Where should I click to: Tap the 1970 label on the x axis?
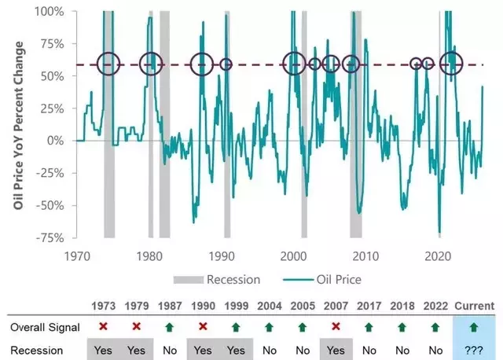click(x=77, y=256)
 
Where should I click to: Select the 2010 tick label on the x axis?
click(x=365, y=256)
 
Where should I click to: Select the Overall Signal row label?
click(x=40, y=326)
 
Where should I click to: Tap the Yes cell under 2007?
click(x=336, y=347)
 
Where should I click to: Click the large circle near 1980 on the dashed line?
click(x=150, y=64)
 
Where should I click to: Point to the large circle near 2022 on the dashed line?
click(x=451, y=64)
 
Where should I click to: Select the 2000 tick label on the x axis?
click(x=293, y=256)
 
